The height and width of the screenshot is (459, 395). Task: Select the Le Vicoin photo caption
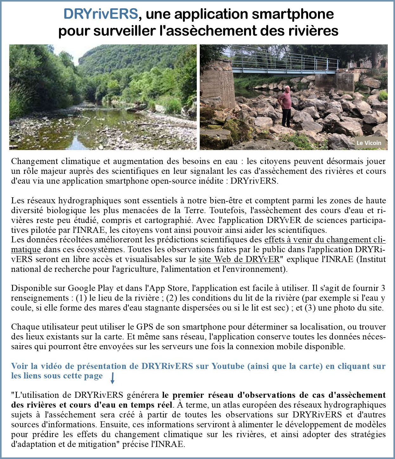369,143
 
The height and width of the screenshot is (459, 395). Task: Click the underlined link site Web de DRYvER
239,259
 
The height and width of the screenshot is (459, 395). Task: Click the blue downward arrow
112,378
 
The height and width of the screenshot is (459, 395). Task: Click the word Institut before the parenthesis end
372,259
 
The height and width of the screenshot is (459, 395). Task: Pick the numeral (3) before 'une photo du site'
310,308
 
